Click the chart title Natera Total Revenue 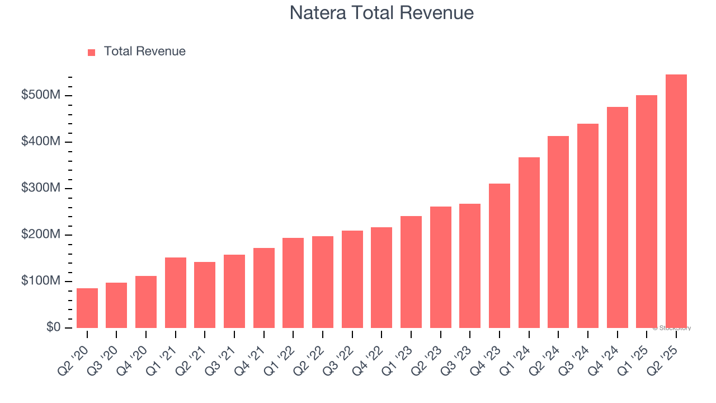click(381, 13)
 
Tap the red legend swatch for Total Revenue click(92, 52)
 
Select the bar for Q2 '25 click(676, 201)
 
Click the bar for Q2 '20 click(87, 308)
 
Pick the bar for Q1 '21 click(176, 292)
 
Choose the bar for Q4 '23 click(500, 255)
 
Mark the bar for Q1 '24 click(529, 242)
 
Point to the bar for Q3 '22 click(352, 279)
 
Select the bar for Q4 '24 click(617, 217)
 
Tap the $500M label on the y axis click(40, 95)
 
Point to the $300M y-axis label click(40, 188)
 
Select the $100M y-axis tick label click(40, 281)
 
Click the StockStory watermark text click(672, 328)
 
